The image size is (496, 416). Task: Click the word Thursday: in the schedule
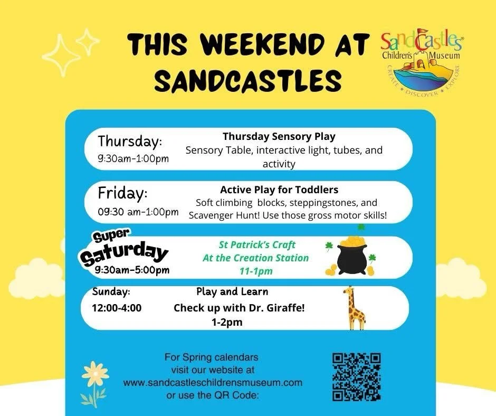click(x=130, y=141)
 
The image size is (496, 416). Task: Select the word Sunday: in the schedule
click(x=111, y=292)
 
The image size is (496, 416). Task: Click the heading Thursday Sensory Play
click(x=279, y=136)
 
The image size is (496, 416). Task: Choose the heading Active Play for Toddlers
click(x=279, y=189)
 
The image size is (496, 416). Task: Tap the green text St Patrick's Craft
click(x=257, y=245)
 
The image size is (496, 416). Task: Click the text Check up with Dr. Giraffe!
click(x=239, y=308)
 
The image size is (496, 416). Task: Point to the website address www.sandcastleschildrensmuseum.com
click(x=213, y=382)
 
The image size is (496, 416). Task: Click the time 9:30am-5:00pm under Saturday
click(x=132, y=270)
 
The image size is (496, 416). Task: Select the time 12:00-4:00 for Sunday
click(x=116, y=308)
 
